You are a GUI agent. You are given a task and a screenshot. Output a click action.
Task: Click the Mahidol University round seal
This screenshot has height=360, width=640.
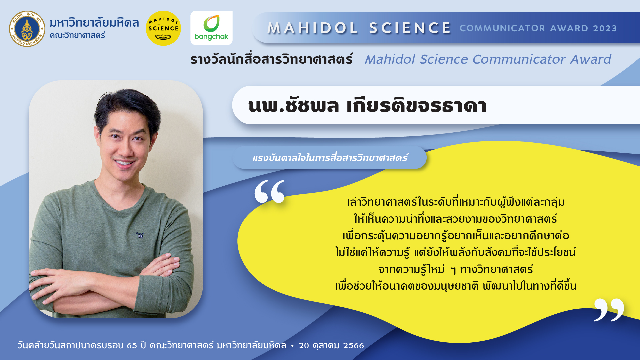[x=27, y=29]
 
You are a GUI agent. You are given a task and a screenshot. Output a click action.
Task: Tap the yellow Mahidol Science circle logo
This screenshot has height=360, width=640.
[x=163, y=28]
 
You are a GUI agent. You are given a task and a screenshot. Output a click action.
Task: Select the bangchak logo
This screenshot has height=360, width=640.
[x=211, y=28]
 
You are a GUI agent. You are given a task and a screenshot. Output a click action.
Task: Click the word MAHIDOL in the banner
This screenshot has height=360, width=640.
[x=313, y=28]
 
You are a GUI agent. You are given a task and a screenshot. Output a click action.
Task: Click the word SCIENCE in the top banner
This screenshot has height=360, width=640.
[x=410, y=28]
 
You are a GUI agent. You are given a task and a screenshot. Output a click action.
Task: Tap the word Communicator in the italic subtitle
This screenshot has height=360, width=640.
[x=519, y=59]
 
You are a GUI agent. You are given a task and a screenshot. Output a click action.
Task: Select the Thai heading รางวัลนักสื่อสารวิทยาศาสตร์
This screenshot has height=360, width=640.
[x=272, y=59]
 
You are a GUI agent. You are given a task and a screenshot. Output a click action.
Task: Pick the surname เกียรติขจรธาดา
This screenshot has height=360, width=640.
[x=417, y=105]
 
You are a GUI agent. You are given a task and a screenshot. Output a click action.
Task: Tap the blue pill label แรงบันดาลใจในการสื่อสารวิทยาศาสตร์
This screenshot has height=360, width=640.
[x=330, y=157]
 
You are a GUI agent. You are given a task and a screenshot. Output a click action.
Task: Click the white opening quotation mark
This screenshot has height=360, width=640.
[x=270, y=191]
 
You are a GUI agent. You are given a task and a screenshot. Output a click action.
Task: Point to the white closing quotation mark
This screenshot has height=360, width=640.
[x=609, y=310]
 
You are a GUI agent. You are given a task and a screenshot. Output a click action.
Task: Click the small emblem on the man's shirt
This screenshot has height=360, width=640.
[x=140, y=235]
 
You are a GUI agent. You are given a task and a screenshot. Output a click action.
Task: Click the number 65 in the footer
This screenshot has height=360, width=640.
[x=132, y=346]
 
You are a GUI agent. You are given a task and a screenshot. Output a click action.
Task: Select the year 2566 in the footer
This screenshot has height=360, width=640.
[x=354, y=346]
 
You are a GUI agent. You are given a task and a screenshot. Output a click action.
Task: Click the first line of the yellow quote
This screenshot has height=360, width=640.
[x=456, y=202]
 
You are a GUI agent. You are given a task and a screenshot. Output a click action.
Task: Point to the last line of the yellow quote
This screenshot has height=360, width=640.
[x=456, y=286]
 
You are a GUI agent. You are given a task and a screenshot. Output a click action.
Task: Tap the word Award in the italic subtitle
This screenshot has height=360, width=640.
[x=591, y=59]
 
